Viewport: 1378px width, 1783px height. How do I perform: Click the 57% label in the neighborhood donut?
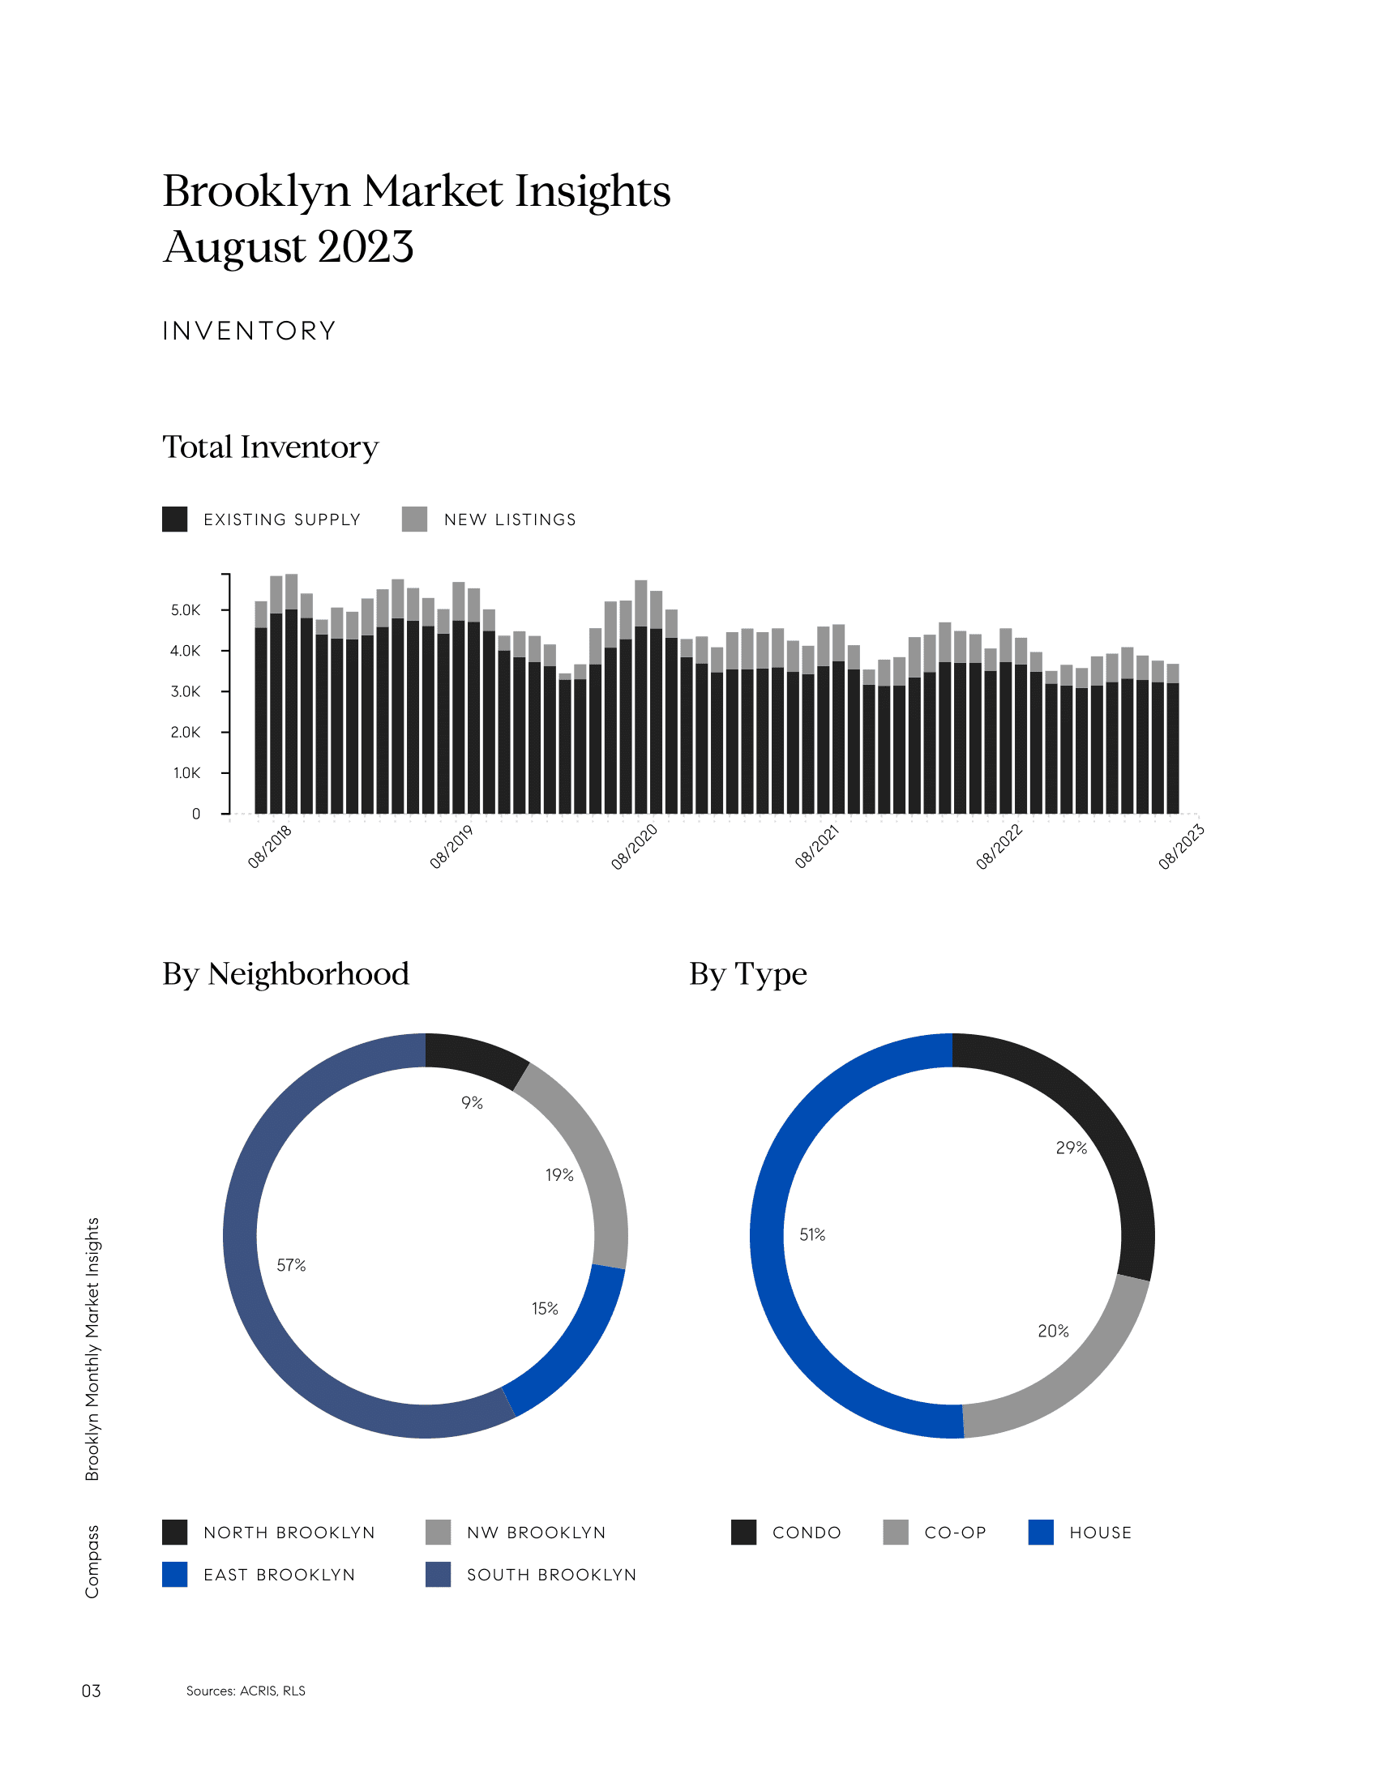pos(291,1265)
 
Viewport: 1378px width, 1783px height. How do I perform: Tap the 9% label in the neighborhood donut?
pos(472,1103)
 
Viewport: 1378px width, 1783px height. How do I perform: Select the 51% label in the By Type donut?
pos(812,1234)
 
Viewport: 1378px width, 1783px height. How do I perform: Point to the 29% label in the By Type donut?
pos(1071,1148)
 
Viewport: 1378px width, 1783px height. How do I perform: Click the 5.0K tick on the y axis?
pos(186,609)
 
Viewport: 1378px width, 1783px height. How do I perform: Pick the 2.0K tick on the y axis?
pos(186,733)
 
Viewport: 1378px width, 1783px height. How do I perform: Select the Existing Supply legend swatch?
pos(175,520)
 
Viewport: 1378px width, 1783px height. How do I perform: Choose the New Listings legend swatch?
pos(415,520)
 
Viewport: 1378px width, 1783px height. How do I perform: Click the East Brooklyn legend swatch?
pos(175,1574)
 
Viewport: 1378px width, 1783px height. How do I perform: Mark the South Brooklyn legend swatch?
pos(439,1574)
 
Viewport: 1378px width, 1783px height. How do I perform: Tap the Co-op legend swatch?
pos(896,1533)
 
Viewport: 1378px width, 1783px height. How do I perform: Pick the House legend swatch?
pos(1041,1533)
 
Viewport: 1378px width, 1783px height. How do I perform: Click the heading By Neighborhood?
pos(285,974)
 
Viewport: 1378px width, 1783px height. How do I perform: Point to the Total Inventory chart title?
pos(270,447)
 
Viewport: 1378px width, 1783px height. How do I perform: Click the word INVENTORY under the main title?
pos(249,331)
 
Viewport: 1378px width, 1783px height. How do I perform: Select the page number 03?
pos(91,1691)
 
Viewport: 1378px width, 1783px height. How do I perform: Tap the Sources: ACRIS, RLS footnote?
pos(246,1691)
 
